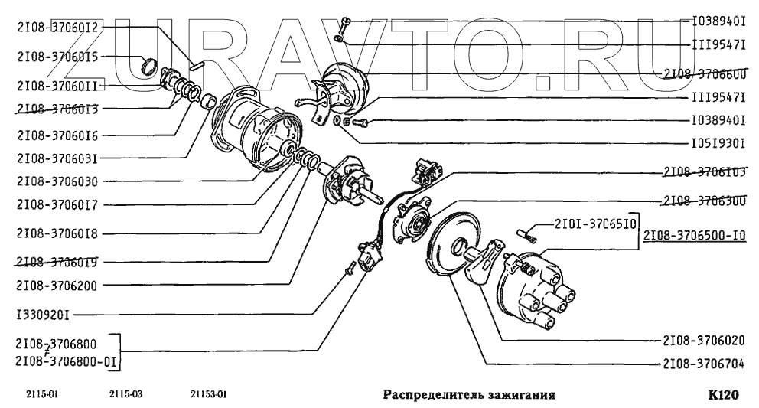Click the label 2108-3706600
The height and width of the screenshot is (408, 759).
705,73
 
